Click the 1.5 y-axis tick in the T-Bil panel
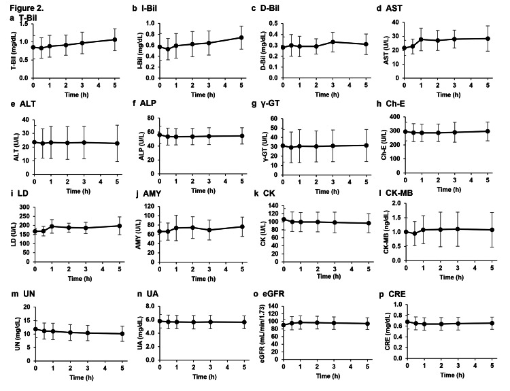26,24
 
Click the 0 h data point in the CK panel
284,219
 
